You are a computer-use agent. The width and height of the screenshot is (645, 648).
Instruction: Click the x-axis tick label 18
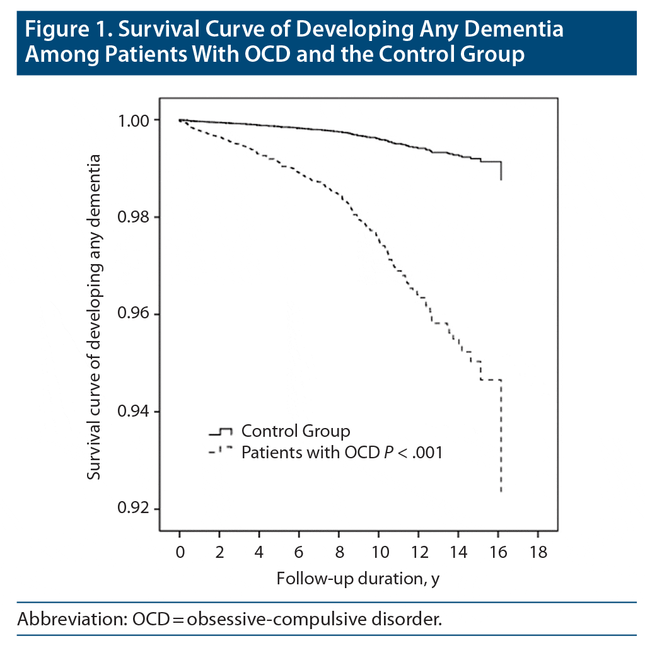point(538,553)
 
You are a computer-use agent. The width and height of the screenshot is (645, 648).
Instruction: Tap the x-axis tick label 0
point(180,553)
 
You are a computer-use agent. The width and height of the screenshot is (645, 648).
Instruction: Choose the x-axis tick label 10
point(378,553)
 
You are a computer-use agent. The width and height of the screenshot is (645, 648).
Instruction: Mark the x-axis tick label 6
point(299,553)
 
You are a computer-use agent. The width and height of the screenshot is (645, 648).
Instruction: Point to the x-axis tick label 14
point(458,553)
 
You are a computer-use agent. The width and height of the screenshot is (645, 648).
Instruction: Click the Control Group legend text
point(295,432)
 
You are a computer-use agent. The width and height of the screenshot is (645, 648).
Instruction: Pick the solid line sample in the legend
point(221,432)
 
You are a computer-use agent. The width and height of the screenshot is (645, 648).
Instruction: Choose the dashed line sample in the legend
point(221,451)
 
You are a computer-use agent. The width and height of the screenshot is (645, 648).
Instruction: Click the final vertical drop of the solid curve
point(501,171)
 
